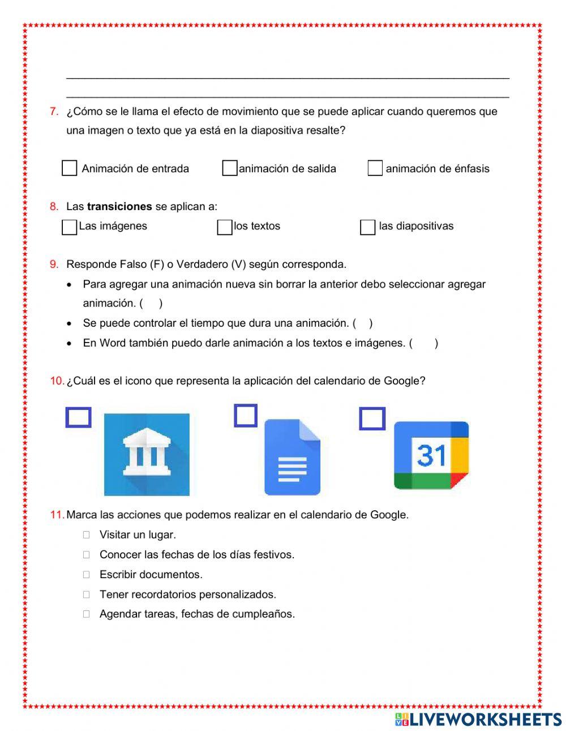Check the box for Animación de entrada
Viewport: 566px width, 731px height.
[69, 168]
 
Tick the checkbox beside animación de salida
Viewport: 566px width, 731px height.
[229, 168]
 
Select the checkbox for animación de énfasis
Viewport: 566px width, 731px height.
[375, 168]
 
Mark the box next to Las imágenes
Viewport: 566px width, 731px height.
[69, 227]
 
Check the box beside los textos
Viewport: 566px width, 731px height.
[225, 227]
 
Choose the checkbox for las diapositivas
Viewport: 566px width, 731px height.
[367, 227]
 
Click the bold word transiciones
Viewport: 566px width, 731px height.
[119, 207]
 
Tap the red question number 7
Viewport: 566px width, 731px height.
[54, 112]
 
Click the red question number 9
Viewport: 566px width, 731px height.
[54, 264]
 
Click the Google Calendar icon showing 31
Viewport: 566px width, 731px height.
[431, 455]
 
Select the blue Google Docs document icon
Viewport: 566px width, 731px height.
[292, 457]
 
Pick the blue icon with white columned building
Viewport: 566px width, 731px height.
[147, 454]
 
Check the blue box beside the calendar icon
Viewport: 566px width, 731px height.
[372, 419]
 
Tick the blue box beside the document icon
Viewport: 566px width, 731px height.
[246, 416]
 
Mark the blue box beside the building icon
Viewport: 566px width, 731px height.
[78, 417]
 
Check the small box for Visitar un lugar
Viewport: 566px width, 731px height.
[86, 535]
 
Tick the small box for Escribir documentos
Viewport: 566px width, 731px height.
[86, 574]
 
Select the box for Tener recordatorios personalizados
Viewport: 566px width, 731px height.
[86, 595]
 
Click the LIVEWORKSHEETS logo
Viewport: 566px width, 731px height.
[478, 719]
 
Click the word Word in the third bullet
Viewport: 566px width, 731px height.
[113, 343]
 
